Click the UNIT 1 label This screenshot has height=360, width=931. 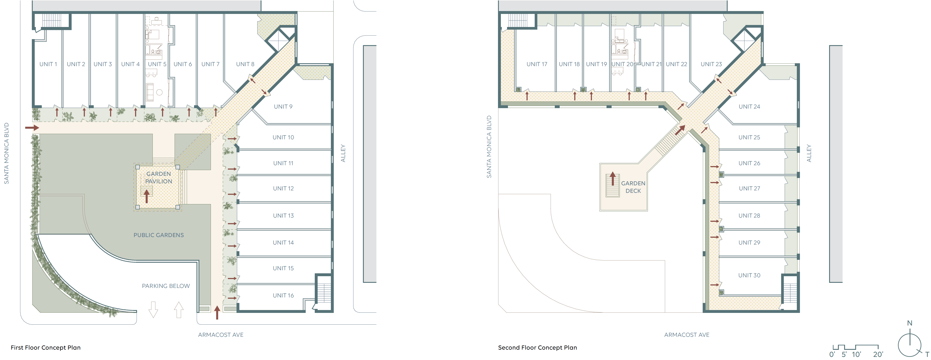(x=48, y=64)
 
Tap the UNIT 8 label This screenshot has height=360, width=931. (x=245, y=64)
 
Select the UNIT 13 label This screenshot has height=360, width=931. (x=283, y=215)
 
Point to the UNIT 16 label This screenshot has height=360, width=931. (x=283, y=295)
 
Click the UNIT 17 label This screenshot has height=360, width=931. (x=537, y=64)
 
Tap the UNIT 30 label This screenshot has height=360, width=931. (x=749, y=275)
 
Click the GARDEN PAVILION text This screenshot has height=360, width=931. (x=159, y=178)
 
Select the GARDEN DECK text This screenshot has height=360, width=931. (x=633, y=187)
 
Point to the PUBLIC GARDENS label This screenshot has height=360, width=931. (x=159, y=235)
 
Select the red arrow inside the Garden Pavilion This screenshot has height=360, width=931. (x=146, y=197)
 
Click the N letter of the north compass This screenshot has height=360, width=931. (x=910, y=323)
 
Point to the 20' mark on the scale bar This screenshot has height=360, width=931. (x=878, y=354)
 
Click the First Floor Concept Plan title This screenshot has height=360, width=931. (x=46, y=347)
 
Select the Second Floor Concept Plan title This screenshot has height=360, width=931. (x=537, y=347)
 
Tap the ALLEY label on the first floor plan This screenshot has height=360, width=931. (x=343, y=153)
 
